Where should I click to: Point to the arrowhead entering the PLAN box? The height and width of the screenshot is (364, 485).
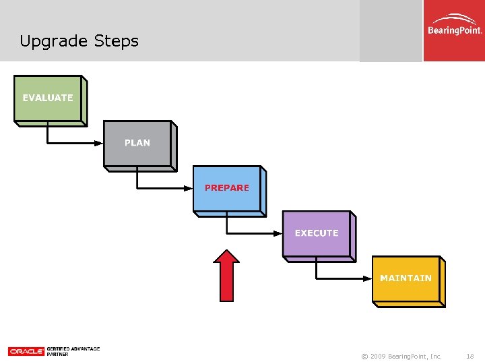click(x=99, y=143)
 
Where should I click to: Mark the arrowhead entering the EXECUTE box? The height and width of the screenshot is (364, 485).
click(x=278, y=233)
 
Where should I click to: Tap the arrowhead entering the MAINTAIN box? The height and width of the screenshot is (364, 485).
click(x=368, y=278)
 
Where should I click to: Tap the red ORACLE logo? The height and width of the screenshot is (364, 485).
click(x=26, y=351)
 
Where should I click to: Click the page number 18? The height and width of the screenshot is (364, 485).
click(x=470, y=355)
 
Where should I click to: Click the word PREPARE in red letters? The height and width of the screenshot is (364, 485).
click(x=227, y=188)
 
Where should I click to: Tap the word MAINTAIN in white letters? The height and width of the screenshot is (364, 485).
click(x=406, y=278)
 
